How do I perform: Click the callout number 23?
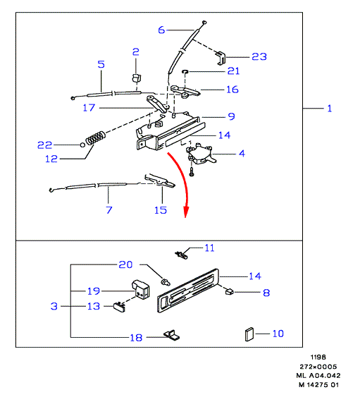(259, 56)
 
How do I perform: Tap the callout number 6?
(161, 30)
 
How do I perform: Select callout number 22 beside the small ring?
(45, 145)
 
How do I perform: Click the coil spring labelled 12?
(96, 138)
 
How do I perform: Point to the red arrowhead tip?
(186, 217)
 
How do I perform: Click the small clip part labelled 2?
(137, 78)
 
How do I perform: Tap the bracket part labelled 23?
(221, 58)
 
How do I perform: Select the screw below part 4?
(192, 171)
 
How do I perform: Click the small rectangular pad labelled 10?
(249, 334)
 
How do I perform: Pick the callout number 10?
(278, 334)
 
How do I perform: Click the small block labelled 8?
(230, 291)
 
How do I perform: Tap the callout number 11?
(209, 248)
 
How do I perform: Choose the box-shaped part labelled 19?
(141, 289)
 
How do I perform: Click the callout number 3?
(54, 306)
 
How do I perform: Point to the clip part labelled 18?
(172, 335)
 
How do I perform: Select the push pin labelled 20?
(166, 281)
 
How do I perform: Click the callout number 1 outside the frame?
(330, 109)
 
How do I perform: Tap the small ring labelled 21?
(185, 72)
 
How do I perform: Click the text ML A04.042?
(318, 375)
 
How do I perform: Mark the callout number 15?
(161, 210)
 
